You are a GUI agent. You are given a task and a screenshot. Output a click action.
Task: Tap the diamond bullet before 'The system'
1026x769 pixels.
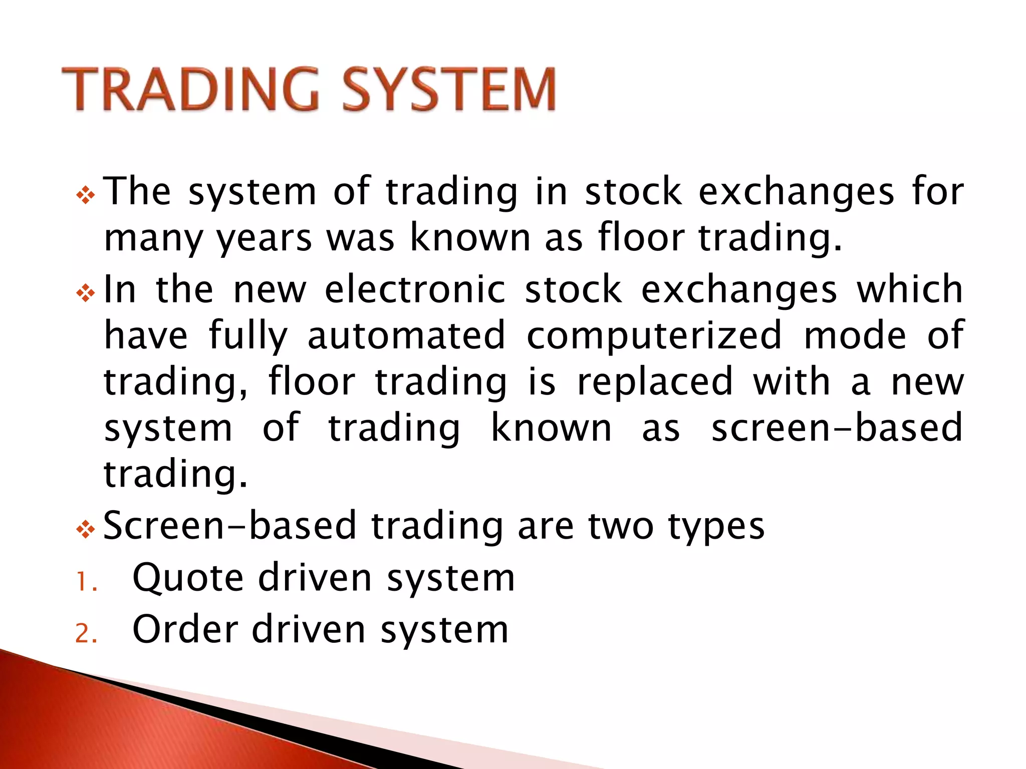coord(86,195)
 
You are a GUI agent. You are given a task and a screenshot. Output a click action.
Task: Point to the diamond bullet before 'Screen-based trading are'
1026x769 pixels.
coord(86,529)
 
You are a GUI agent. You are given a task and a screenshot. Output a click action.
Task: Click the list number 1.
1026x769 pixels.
coord(86,582)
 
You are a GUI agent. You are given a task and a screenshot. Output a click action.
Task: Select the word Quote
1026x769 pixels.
coord(188,578)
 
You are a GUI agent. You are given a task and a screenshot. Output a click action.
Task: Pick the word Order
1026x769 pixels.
coord(185,629)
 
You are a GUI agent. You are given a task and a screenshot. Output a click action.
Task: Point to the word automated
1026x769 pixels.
coord(406,335)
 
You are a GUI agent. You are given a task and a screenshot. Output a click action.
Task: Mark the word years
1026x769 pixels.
coord(264,239)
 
